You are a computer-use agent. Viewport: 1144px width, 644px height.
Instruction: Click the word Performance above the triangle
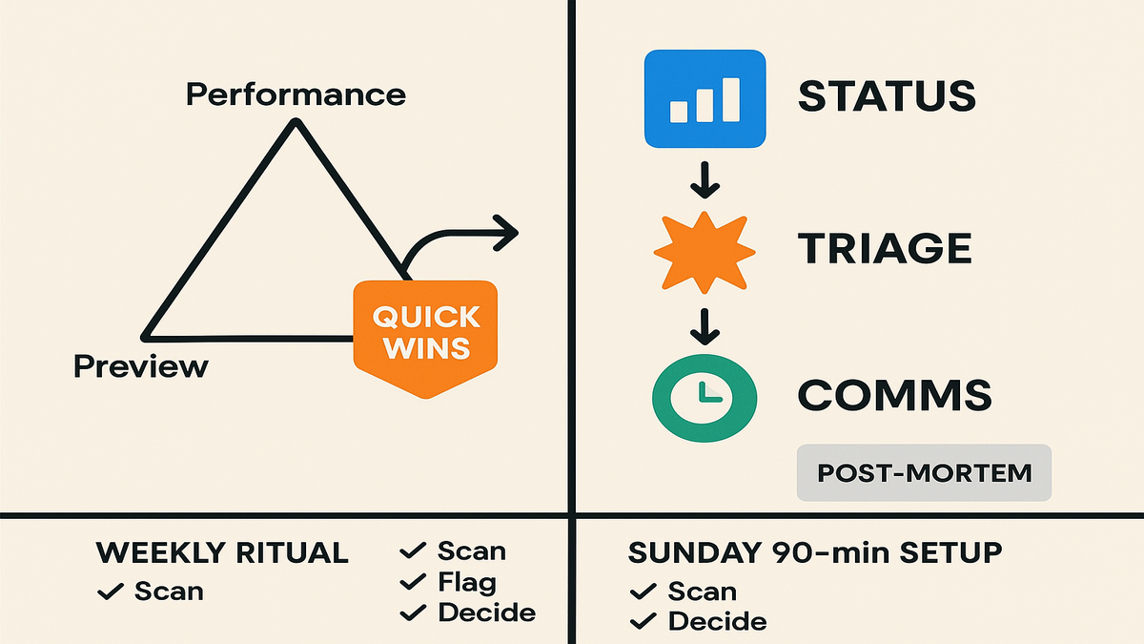[x=296, y=94]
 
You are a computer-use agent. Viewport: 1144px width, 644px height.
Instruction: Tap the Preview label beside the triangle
[x=141, y=366]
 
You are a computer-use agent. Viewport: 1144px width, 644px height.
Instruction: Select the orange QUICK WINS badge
[x=425, y=339]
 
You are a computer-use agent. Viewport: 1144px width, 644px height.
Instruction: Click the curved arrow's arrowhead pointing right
[x=506, y=233]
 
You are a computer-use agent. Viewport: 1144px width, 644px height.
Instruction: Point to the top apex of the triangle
[x=296, y=121]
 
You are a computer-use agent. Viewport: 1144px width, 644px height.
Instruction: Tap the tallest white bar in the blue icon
[x=731, y=99]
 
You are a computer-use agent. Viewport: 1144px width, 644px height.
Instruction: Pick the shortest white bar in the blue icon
[x=678, y=112]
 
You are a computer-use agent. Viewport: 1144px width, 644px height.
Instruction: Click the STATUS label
[x=887, y=96]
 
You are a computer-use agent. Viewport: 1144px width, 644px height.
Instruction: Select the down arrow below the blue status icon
[x=705, y=180]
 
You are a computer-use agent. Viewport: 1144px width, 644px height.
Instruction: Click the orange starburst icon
[x=705, y=253]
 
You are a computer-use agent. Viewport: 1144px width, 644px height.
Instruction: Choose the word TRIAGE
[x=885, y=248]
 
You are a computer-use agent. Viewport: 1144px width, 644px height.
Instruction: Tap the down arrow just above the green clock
[x=705, y=326]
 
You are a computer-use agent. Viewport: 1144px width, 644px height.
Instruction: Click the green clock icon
[x=705, y=398]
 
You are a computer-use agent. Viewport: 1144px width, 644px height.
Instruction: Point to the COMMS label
[x=895, y=396]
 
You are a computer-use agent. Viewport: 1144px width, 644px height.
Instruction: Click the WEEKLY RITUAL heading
[x=222, y=552]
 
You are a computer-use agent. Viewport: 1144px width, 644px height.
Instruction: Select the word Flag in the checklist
[x=467, y=582]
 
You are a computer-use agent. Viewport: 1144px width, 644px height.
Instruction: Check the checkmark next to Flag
[x=413, y=582]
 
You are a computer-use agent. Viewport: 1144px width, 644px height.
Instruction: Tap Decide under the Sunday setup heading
[x=718, y=621]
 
